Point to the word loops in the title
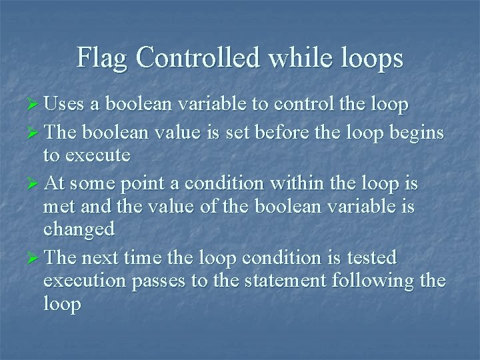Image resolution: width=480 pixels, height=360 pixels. [x=369, y=59]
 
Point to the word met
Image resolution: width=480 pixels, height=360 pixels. [x=59, y=207]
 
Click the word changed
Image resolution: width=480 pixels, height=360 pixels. [x=79, y=229]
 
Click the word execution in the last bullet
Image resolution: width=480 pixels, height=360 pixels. [x=85, y=281]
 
